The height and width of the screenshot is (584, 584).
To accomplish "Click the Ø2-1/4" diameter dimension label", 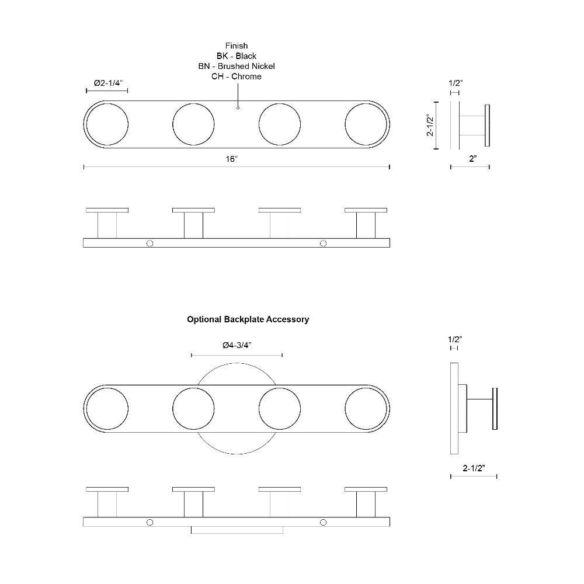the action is point(108,83).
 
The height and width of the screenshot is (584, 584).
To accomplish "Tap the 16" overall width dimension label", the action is point(231,159).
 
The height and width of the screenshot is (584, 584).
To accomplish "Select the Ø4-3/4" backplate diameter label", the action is point(237,345).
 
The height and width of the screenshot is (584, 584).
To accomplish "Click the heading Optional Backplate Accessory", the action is point(248,319).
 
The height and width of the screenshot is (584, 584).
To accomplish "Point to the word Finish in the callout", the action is point(237,46).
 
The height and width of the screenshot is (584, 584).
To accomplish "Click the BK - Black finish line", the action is point(237,56).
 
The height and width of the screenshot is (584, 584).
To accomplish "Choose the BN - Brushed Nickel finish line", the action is point(237,66).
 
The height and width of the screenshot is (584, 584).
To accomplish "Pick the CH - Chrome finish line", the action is point(237,77).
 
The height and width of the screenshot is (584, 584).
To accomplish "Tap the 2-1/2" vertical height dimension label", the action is point(430,125).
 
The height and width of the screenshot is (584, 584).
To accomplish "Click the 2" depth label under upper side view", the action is point(473,159).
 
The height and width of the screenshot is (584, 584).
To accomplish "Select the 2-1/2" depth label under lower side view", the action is point(474,468).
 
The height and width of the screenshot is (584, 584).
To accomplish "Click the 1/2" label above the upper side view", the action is point(456,83).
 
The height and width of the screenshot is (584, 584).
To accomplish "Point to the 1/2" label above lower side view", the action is point(455,339).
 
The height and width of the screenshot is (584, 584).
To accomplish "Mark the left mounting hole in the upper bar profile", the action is point(150,243).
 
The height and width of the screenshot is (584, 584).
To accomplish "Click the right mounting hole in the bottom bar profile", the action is point(324,522).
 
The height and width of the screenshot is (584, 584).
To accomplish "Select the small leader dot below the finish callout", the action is point(238,108).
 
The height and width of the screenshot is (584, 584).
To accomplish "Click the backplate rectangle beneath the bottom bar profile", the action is point(237,530).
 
